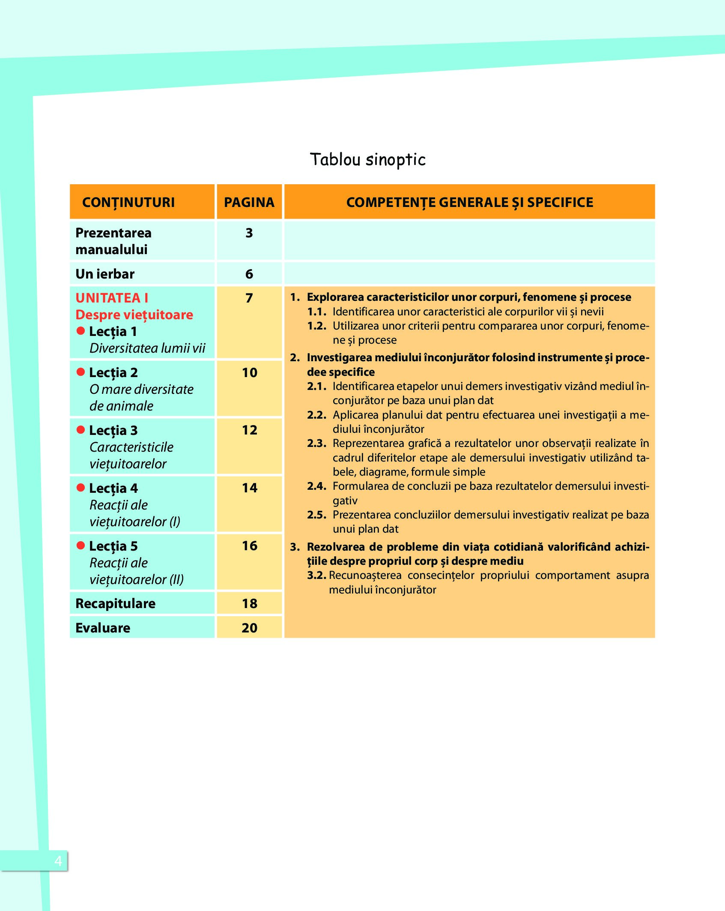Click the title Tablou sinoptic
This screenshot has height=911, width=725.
[x=367, y=159]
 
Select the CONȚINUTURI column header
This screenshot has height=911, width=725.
[x=128, y=202]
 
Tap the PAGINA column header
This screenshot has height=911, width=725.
[x=249, y=202]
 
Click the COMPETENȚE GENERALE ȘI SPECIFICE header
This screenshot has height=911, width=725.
[x=470, y=202]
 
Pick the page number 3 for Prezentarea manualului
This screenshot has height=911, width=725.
[x=249, y=233]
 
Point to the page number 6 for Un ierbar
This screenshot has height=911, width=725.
[x=249, y=274]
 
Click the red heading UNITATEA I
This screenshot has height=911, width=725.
[x=112, y=298]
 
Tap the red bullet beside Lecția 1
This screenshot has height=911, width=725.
[x=81, y=331]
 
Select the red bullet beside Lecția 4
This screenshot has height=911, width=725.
[x=81, y=488]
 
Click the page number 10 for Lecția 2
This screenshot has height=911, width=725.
[x=250, y=373]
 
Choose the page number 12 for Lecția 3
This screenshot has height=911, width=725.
[x=250, y=430]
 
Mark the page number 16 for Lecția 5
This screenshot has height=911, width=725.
[x=250, y=546]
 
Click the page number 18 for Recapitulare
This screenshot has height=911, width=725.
[x=250, y=604]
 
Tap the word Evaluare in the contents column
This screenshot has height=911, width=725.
[x=103, y=628]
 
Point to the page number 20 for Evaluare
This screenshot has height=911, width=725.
[x=250, y=628]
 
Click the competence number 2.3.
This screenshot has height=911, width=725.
[x=316, y=444]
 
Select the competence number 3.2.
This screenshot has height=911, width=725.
[x=316, y=575]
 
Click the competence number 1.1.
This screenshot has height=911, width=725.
[x=316, y=312]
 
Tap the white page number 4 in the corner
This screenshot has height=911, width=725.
[x=58, y=861]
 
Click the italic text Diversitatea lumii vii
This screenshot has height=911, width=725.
[x=147, y=348]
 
